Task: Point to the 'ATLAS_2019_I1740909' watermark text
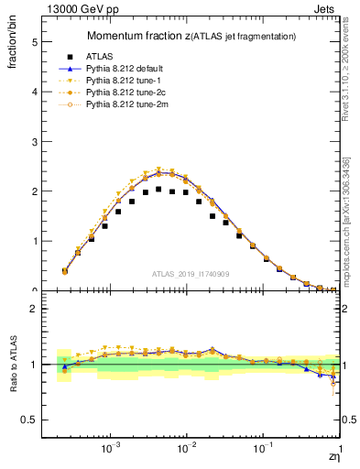click(191, 274)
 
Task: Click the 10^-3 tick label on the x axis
click(111, 451)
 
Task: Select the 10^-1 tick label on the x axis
click(264, 451)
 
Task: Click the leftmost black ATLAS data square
click(64, 271)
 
